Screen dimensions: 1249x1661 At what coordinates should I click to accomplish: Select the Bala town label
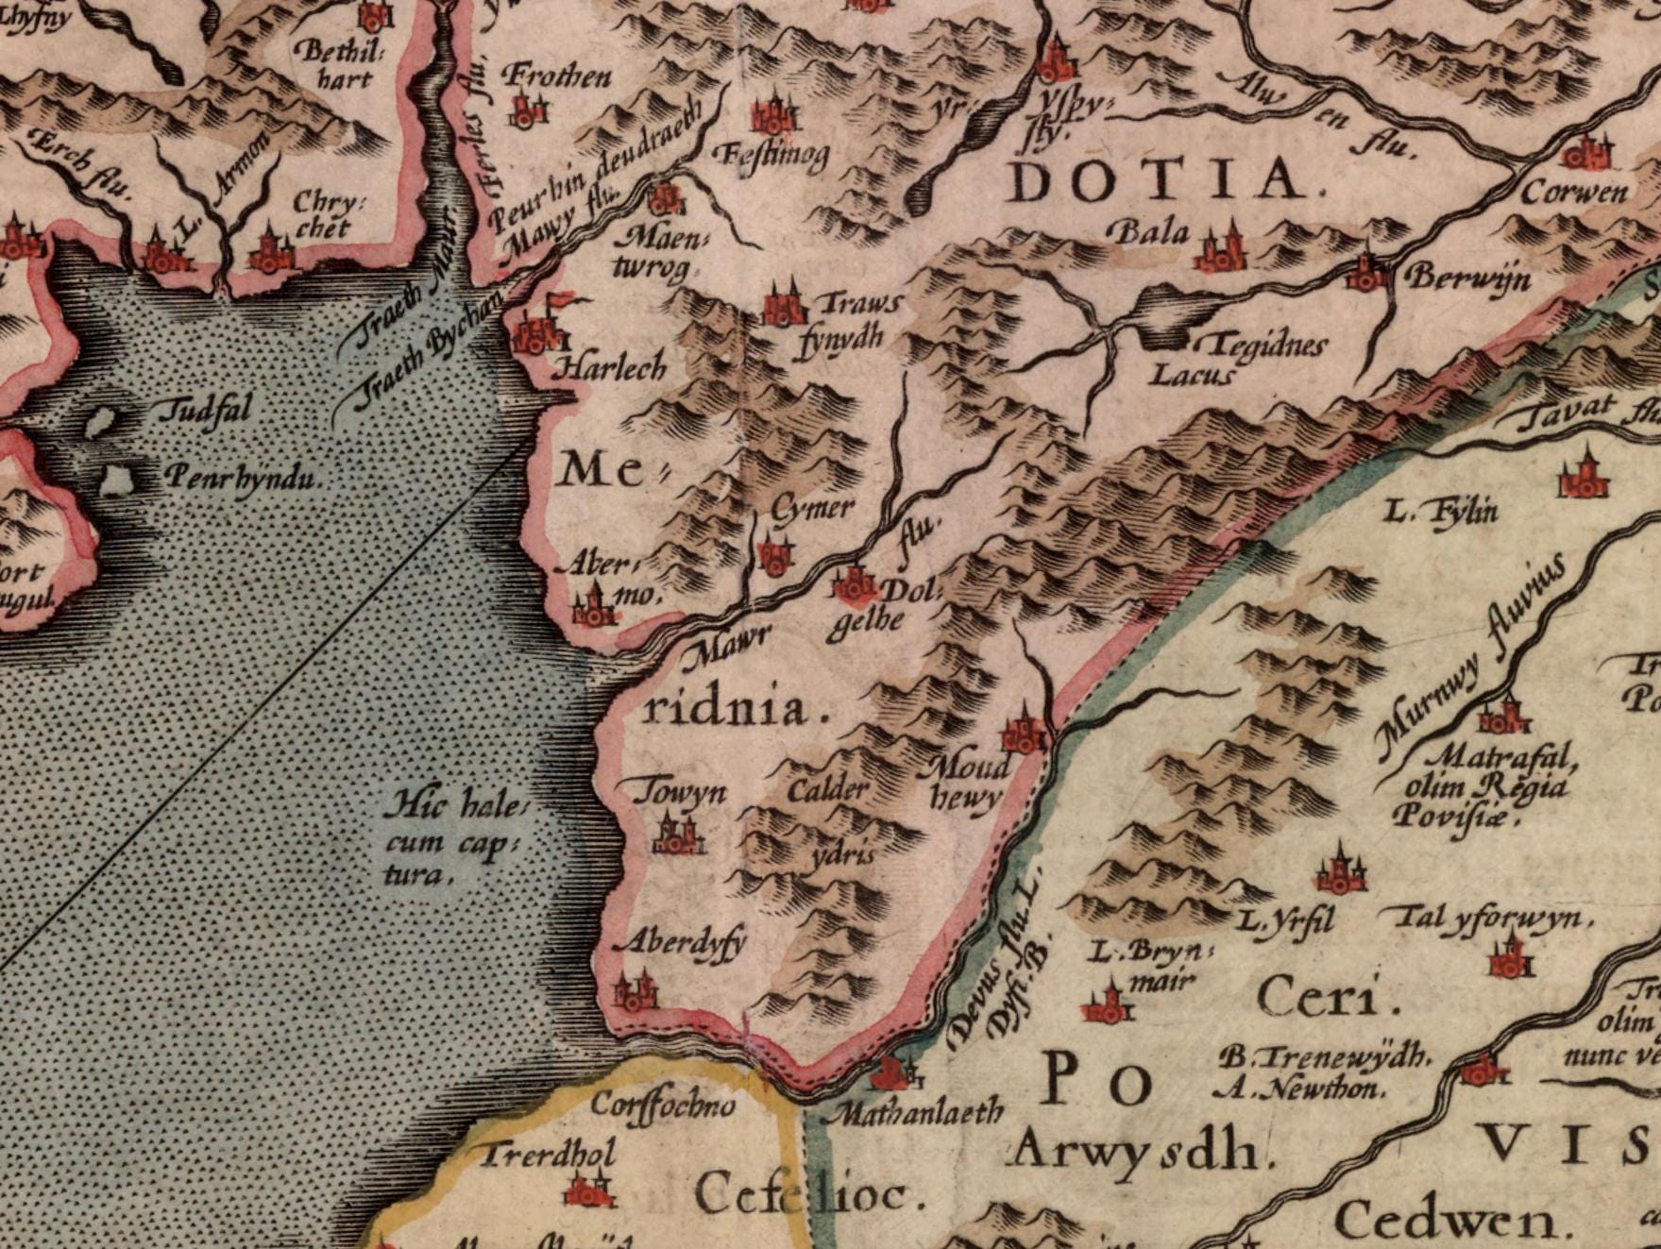click(x=1149, y=230)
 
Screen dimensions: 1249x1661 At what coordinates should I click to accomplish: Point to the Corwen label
click(x=1574, y=192)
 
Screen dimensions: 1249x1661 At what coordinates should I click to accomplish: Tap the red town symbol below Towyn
click(x=678, y=836)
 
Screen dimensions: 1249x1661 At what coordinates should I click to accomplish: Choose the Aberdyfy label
click(x=680, y=941)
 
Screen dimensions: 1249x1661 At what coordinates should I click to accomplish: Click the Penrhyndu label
click(x=240, y=478)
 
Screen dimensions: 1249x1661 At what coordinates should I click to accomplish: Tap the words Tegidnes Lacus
click(x=1228, y=360)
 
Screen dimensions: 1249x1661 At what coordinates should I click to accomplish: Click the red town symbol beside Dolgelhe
click(x=856, y=585)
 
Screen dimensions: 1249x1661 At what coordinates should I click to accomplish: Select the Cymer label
click(x=812, y=509)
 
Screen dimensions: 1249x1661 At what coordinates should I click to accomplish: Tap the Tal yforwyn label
click(x=1488, y=918)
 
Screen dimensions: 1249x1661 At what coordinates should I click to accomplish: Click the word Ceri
click(x=1326, y=998)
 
